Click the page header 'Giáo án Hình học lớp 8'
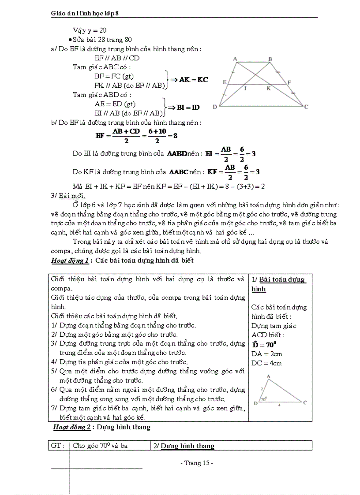(x=85, y=14)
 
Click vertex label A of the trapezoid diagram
(x=235, y=59)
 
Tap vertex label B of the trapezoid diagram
(x=270, y=59)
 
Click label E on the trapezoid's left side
(x=225, y=82)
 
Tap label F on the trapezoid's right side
(x=289, y=82)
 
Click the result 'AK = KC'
(x=193, y=80)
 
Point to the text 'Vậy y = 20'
(x=90, y=30)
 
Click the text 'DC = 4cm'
(x=266, y=363)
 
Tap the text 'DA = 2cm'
(x=266, y=354)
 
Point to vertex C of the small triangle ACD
(x=305, y=402)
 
